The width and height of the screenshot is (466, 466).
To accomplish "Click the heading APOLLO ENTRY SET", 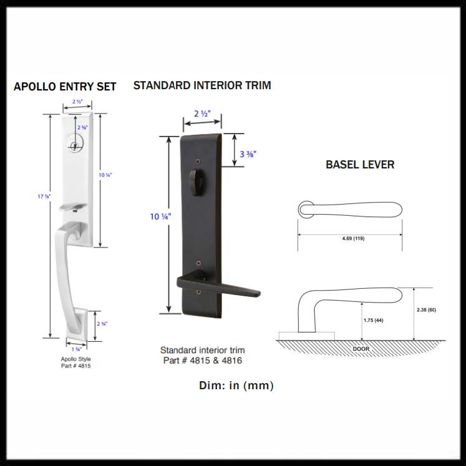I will [65, 87].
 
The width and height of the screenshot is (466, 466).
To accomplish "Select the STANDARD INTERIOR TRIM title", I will [202, 85].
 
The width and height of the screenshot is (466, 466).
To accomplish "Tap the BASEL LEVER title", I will [360, 165].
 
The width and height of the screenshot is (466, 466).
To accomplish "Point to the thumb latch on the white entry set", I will [72, 206].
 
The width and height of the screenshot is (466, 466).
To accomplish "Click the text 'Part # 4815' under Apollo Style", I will [75, 366].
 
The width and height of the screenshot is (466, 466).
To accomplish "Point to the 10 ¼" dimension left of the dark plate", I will [160, 216].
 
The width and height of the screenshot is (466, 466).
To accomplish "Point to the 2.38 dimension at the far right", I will [427, 309].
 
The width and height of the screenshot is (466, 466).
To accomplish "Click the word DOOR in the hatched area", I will [361, 348].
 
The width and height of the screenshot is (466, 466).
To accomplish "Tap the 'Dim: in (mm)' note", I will [236, 386].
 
